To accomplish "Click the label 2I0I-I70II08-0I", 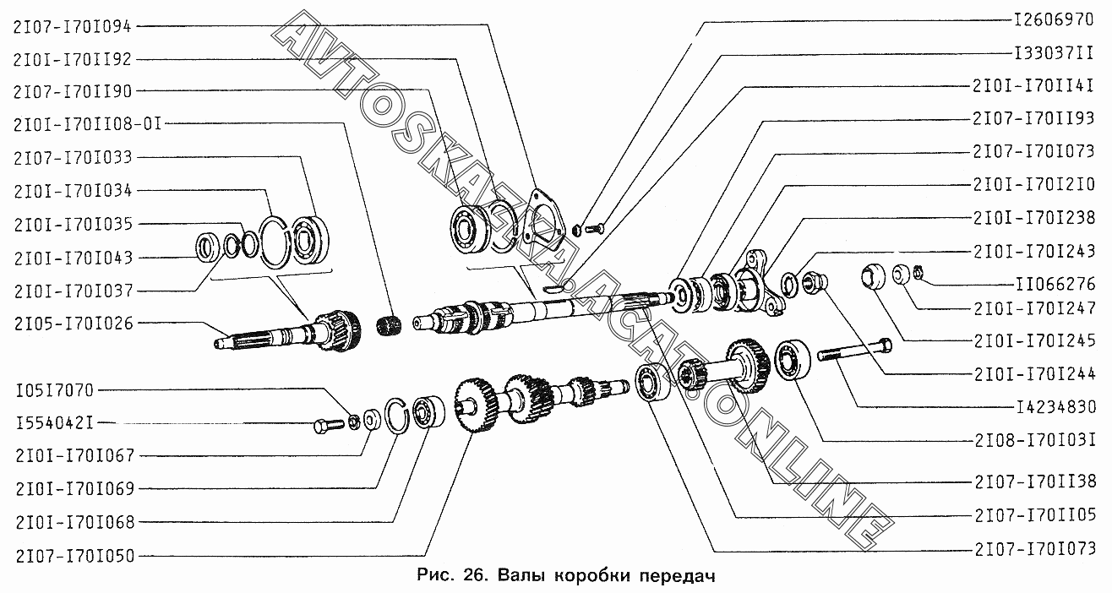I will tap(86, 124).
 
